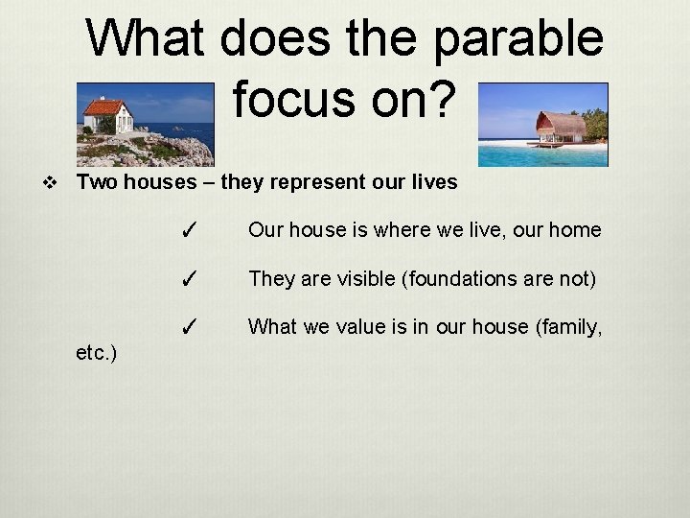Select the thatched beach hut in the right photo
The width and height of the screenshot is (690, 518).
pyautogui.click(x=561, y=128)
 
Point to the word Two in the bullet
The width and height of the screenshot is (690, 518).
pyautogui.click(x=97, y=181)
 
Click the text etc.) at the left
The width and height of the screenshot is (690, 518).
pyautogui.click(x=96, y=354)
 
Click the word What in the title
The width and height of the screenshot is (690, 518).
pyautogui.click(x=152, y=39)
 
